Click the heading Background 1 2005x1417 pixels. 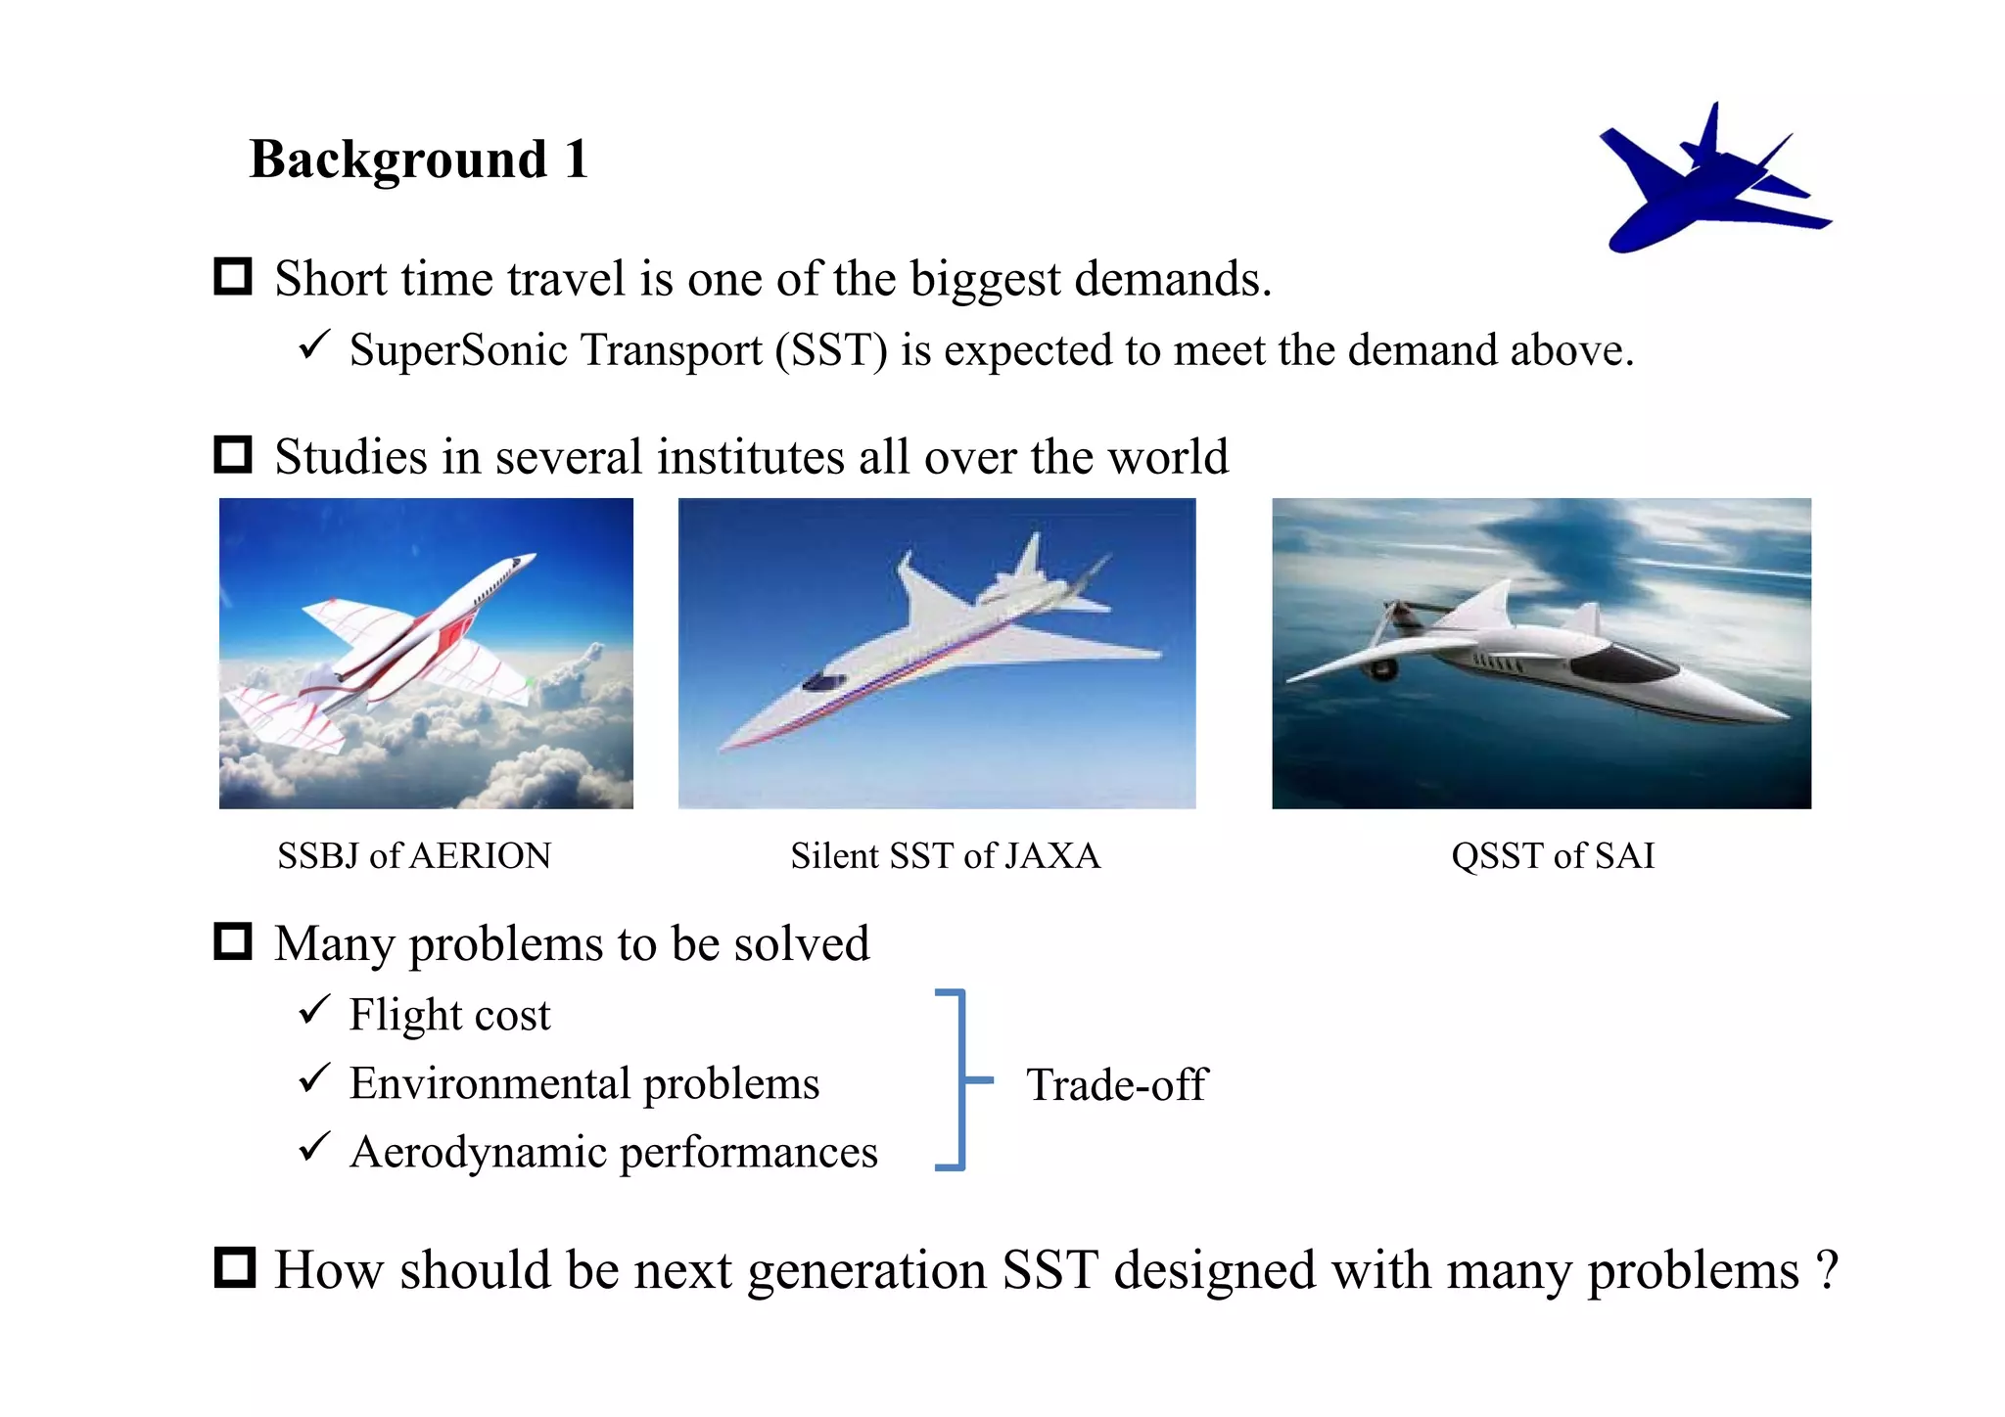(x=418, y=160)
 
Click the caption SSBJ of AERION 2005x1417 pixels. (x=414, y=856)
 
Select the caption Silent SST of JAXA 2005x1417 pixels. (x=945, y=856)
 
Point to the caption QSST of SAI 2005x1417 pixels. (x=1553, y=856)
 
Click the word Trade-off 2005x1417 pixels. (x=1117, y=1084)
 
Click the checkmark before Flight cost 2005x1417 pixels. (x=314, y=1009)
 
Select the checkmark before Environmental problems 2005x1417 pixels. (x=314, y=1078)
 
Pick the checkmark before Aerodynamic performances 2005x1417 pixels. (x=314, y=1147)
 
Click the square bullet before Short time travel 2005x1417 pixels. (x=233, y=277)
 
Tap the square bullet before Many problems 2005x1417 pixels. (x=233, y=941)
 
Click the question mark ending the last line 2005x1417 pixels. (x=1827, y=1270)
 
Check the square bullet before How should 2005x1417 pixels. (x=234, y=1268)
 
